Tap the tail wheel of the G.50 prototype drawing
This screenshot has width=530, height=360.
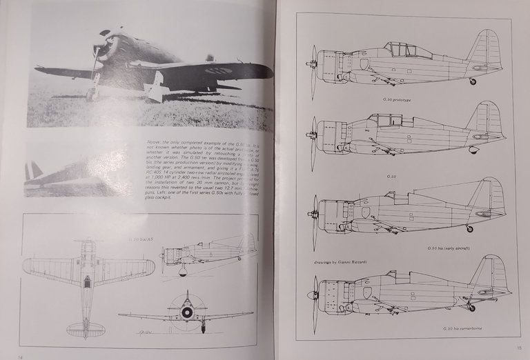(x=472, y=81)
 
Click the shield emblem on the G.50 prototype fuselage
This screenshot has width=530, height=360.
(x=364, y=63)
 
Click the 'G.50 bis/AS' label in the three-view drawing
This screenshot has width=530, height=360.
(x=140, y=239)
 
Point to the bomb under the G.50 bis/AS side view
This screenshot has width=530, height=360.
(x=183, y=270)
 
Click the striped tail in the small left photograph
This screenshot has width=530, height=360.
(x=32, y=171)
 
